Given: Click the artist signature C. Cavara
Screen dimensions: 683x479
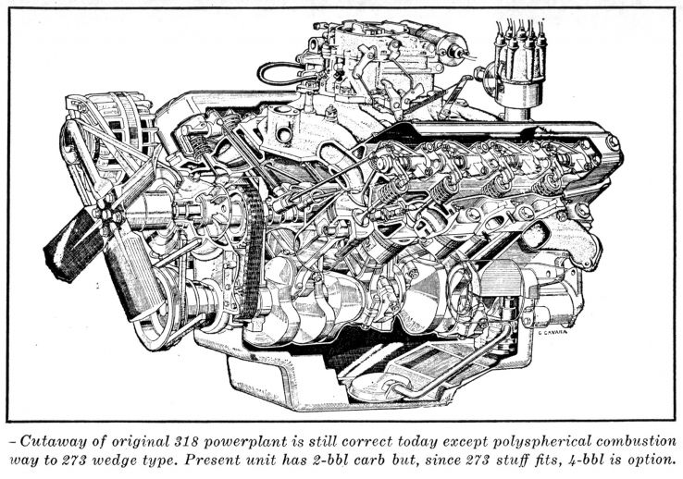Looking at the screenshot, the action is tap(553, 333).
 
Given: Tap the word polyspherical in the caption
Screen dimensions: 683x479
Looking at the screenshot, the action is tap(542, 441).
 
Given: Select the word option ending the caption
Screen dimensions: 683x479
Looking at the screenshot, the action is tap(654, 461).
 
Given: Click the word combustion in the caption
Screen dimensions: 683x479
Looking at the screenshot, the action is tap(637, 441).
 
